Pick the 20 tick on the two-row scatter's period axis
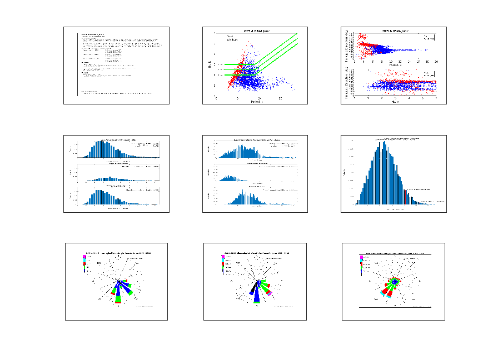pyautogui.click(x=436, y=62)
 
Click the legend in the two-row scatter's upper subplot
pyautogui.click(x=429, y=37)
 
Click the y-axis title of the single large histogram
pyautogui.click(x=345, y=173)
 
